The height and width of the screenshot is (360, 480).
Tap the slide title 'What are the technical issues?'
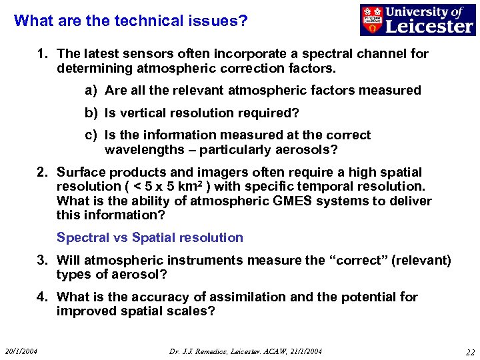coord(131,21)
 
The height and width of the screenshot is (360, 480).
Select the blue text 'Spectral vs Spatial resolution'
coord(150,237)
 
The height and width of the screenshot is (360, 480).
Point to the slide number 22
coord(470,351)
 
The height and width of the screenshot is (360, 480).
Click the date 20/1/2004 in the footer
coord(21,351)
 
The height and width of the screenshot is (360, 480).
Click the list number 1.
coord(42,53)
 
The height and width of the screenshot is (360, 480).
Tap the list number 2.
coord(42,172)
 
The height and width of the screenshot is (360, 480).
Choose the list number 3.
coord(42,260)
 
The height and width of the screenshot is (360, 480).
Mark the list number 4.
coord(42,297)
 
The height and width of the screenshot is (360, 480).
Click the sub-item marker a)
coord(91,90)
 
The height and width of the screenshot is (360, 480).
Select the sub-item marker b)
coord(91,113)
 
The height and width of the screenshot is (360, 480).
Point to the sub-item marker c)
coord(91,135)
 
